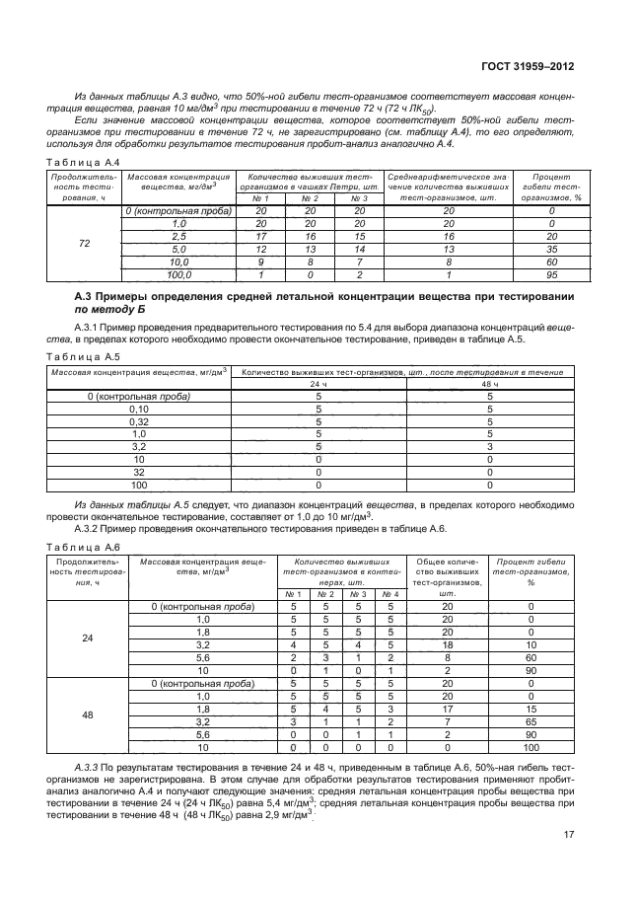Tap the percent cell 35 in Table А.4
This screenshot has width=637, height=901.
coord(551,251)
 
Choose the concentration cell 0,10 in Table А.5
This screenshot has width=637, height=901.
coord(138,409)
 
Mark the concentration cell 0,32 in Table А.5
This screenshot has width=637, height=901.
coord(138,421)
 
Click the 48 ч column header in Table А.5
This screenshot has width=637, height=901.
coord(489,384)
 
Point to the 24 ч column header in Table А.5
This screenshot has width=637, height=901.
coord(318,384)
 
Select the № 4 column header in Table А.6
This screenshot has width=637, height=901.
coord(391,593)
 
